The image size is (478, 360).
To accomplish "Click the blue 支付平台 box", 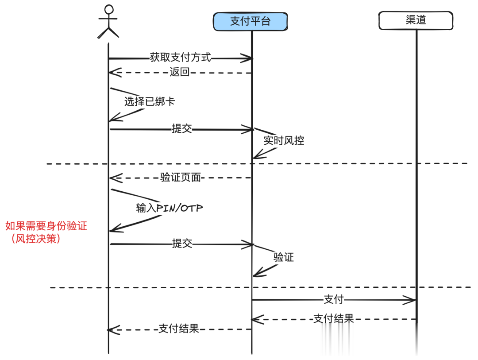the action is pos(250,21).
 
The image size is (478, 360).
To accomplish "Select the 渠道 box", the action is pos(416,20).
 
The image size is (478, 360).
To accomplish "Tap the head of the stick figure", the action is pos(109,9).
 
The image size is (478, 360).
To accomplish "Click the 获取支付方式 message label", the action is pos(180,58).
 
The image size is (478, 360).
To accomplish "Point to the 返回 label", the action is pos(180,72).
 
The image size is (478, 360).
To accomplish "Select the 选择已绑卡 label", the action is pos(150,101).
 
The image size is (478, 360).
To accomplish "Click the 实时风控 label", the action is pos(284,141).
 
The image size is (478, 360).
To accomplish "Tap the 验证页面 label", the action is pos(181,177).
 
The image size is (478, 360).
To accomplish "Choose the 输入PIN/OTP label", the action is pos(169,208).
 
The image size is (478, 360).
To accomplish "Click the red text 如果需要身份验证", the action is pos(46,226).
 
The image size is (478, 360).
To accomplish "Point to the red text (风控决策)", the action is pos(36,239).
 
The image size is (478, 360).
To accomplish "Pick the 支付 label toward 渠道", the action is pos(334,300).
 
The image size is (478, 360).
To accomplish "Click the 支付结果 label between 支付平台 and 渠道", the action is pos(334,319).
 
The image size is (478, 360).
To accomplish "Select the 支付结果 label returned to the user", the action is pos(179,329).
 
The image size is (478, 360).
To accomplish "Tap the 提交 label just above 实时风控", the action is pos(182,129).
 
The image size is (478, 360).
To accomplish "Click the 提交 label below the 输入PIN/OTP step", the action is pos(182,244).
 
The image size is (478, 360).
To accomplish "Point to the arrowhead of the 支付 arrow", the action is pos(412,300).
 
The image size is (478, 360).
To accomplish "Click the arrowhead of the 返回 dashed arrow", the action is pos(113,73).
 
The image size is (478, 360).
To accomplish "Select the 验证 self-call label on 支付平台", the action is pos(284,257).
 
